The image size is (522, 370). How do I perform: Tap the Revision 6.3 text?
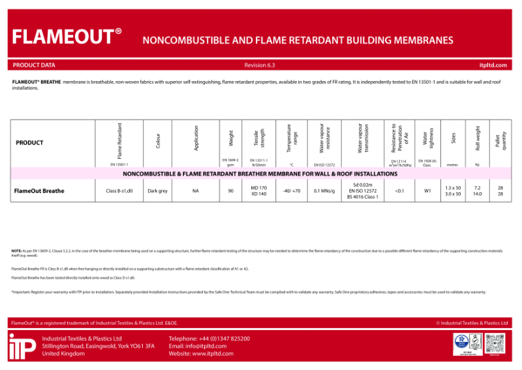coord(260,65)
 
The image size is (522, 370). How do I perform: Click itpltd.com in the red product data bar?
coord(493,65)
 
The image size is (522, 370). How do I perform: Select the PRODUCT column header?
coord(29,143)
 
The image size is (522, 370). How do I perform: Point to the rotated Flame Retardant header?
coord(119,141)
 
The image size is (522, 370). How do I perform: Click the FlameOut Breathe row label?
coord(39,191)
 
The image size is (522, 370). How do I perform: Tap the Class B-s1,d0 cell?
coord(119,191)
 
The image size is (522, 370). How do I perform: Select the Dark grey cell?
coord(158,191)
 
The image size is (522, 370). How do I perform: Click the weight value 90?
coord(230,191)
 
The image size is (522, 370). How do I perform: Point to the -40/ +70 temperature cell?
coord(292,191)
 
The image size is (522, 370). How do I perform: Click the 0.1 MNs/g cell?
coord(324,191)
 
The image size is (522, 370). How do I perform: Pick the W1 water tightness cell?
coord(427,191)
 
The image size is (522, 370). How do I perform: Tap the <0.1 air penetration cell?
coord(399,191)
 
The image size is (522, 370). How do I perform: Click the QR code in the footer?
coord(498,343)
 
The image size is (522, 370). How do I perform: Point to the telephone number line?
coord(209,339)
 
